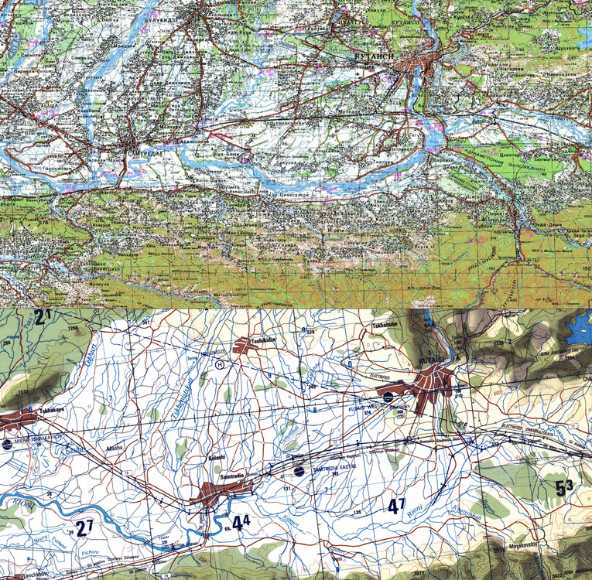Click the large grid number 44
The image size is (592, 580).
(241, 523)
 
